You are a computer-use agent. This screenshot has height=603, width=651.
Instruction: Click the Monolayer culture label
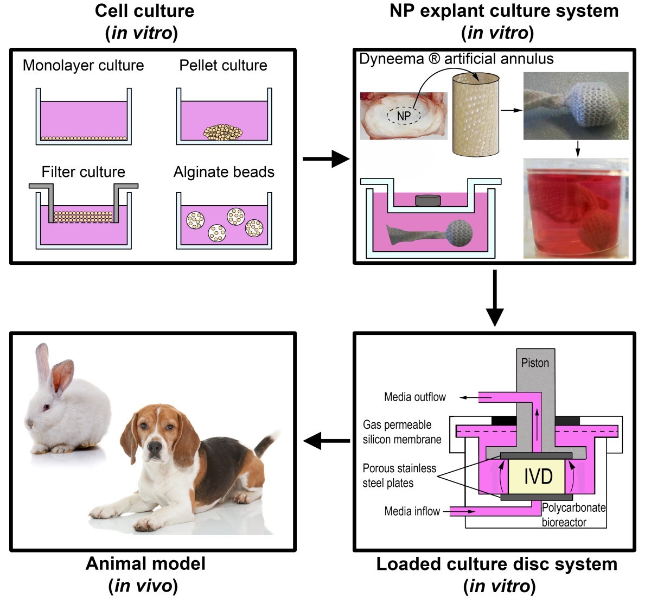83,66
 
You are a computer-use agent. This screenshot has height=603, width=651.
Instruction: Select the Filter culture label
83,172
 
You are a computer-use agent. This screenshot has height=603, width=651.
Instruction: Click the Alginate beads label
224,172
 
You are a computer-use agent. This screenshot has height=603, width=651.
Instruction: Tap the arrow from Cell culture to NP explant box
325,159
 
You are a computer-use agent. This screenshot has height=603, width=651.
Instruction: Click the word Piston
535,363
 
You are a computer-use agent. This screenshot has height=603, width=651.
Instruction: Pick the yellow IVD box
538,477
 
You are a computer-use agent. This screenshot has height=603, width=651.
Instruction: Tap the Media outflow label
414,397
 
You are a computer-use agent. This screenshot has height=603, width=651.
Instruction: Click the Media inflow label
412,511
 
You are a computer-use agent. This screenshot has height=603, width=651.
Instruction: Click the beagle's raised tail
267,442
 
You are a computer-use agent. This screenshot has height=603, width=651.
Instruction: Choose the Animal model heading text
145,563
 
